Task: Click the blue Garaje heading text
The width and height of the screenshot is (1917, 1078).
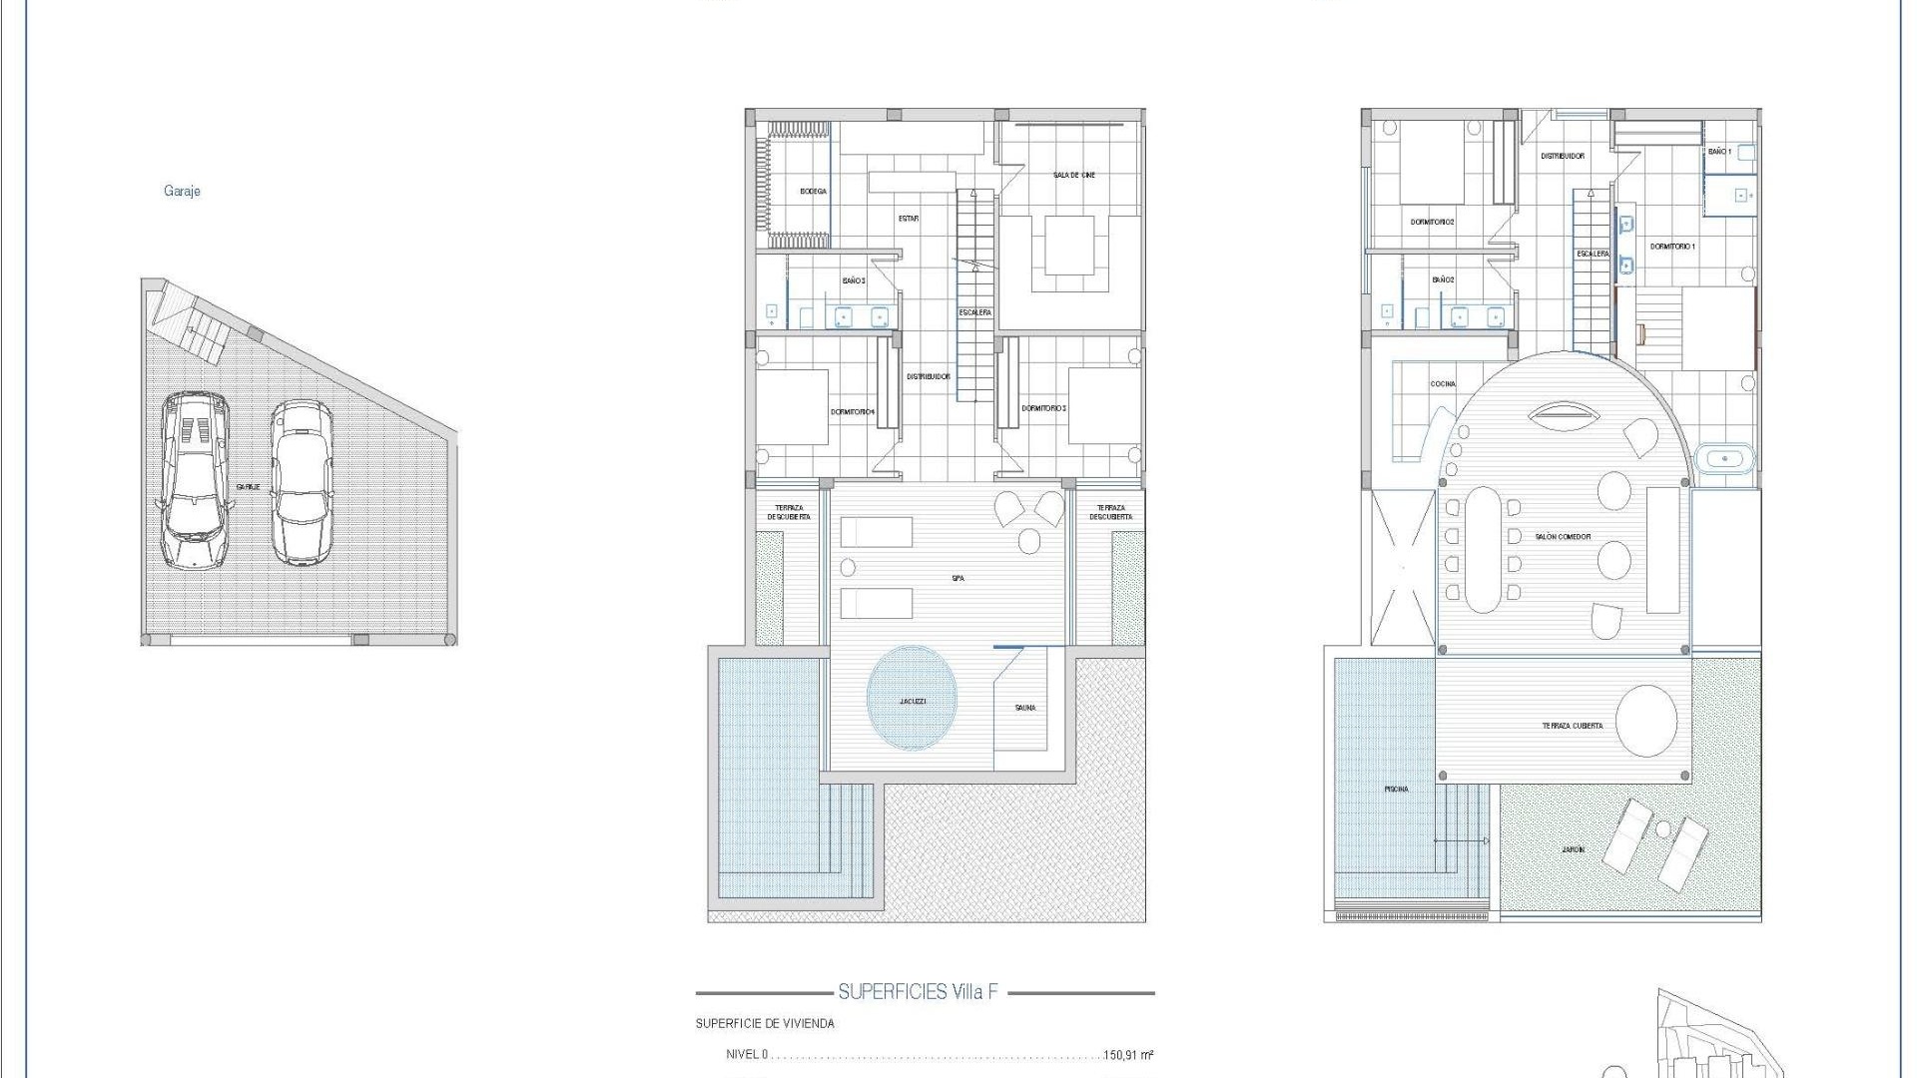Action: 182,191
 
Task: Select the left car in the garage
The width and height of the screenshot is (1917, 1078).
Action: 195,480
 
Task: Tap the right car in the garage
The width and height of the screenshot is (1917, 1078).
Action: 301,482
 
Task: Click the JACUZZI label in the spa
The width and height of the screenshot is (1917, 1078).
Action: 912,701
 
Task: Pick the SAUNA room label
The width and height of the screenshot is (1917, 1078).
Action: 1024,708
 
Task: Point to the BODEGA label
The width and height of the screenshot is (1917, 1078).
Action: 813,192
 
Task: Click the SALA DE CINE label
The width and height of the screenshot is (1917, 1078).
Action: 1073,175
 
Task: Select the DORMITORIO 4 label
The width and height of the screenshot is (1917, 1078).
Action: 852,412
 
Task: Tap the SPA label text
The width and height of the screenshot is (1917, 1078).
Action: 958,578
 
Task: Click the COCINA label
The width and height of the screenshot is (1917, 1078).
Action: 1442,384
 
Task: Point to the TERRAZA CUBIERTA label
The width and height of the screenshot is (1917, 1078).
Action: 1572,726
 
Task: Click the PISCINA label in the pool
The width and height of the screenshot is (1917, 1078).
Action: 1396,789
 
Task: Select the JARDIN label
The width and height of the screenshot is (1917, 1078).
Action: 1573,849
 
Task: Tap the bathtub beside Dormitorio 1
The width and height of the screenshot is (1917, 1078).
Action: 1724,460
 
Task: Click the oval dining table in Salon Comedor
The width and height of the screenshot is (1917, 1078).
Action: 1482,549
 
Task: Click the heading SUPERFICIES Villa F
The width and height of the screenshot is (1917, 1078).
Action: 918,992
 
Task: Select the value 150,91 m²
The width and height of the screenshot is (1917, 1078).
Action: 1128,1055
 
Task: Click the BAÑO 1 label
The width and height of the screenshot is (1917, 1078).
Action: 1719,152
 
